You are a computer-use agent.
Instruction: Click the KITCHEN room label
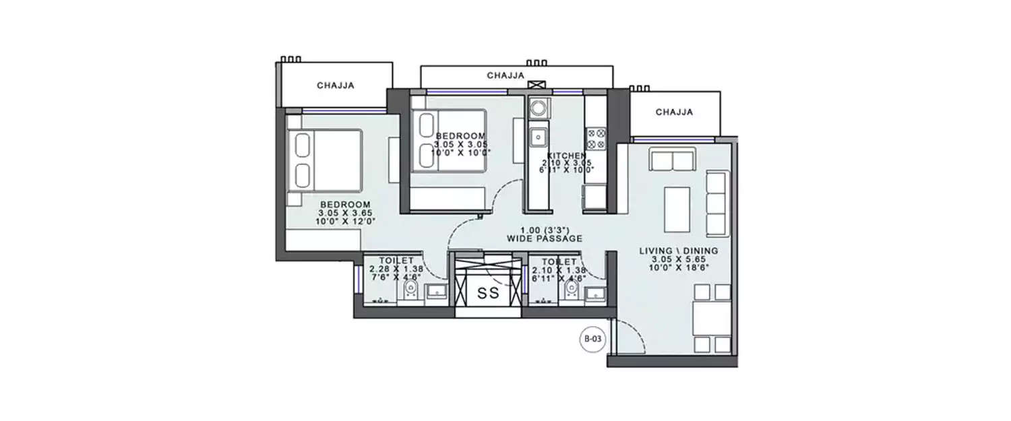coord(571,156)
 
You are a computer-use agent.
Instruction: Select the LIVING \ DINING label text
coord(678,251)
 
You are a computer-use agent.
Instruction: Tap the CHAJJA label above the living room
coord(674,112)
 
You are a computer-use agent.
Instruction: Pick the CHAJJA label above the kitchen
coord(506,76)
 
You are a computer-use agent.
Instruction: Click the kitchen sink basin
coord(537,138)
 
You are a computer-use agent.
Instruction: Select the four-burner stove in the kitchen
coord(596,138)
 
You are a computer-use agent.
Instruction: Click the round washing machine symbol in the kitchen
coord(539,108)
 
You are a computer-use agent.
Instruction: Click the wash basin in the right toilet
coord(594,292)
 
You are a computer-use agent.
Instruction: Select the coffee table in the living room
coord(677,209)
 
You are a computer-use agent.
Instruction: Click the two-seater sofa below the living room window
coord(671,161)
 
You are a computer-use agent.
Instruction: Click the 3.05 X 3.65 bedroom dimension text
coord(345,212)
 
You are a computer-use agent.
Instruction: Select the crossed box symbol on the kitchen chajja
coord(537,85)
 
